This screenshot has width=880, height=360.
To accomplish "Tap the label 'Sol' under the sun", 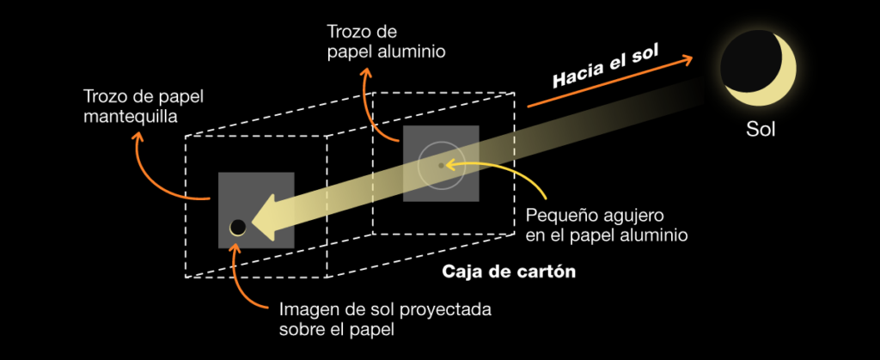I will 761,131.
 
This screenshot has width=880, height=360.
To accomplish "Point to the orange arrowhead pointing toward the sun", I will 687,59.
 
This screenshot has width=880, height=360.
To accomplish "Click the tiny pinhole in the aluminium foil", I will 441,165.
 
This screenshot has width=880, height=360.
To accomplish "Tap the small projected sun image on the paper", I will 238,227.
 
